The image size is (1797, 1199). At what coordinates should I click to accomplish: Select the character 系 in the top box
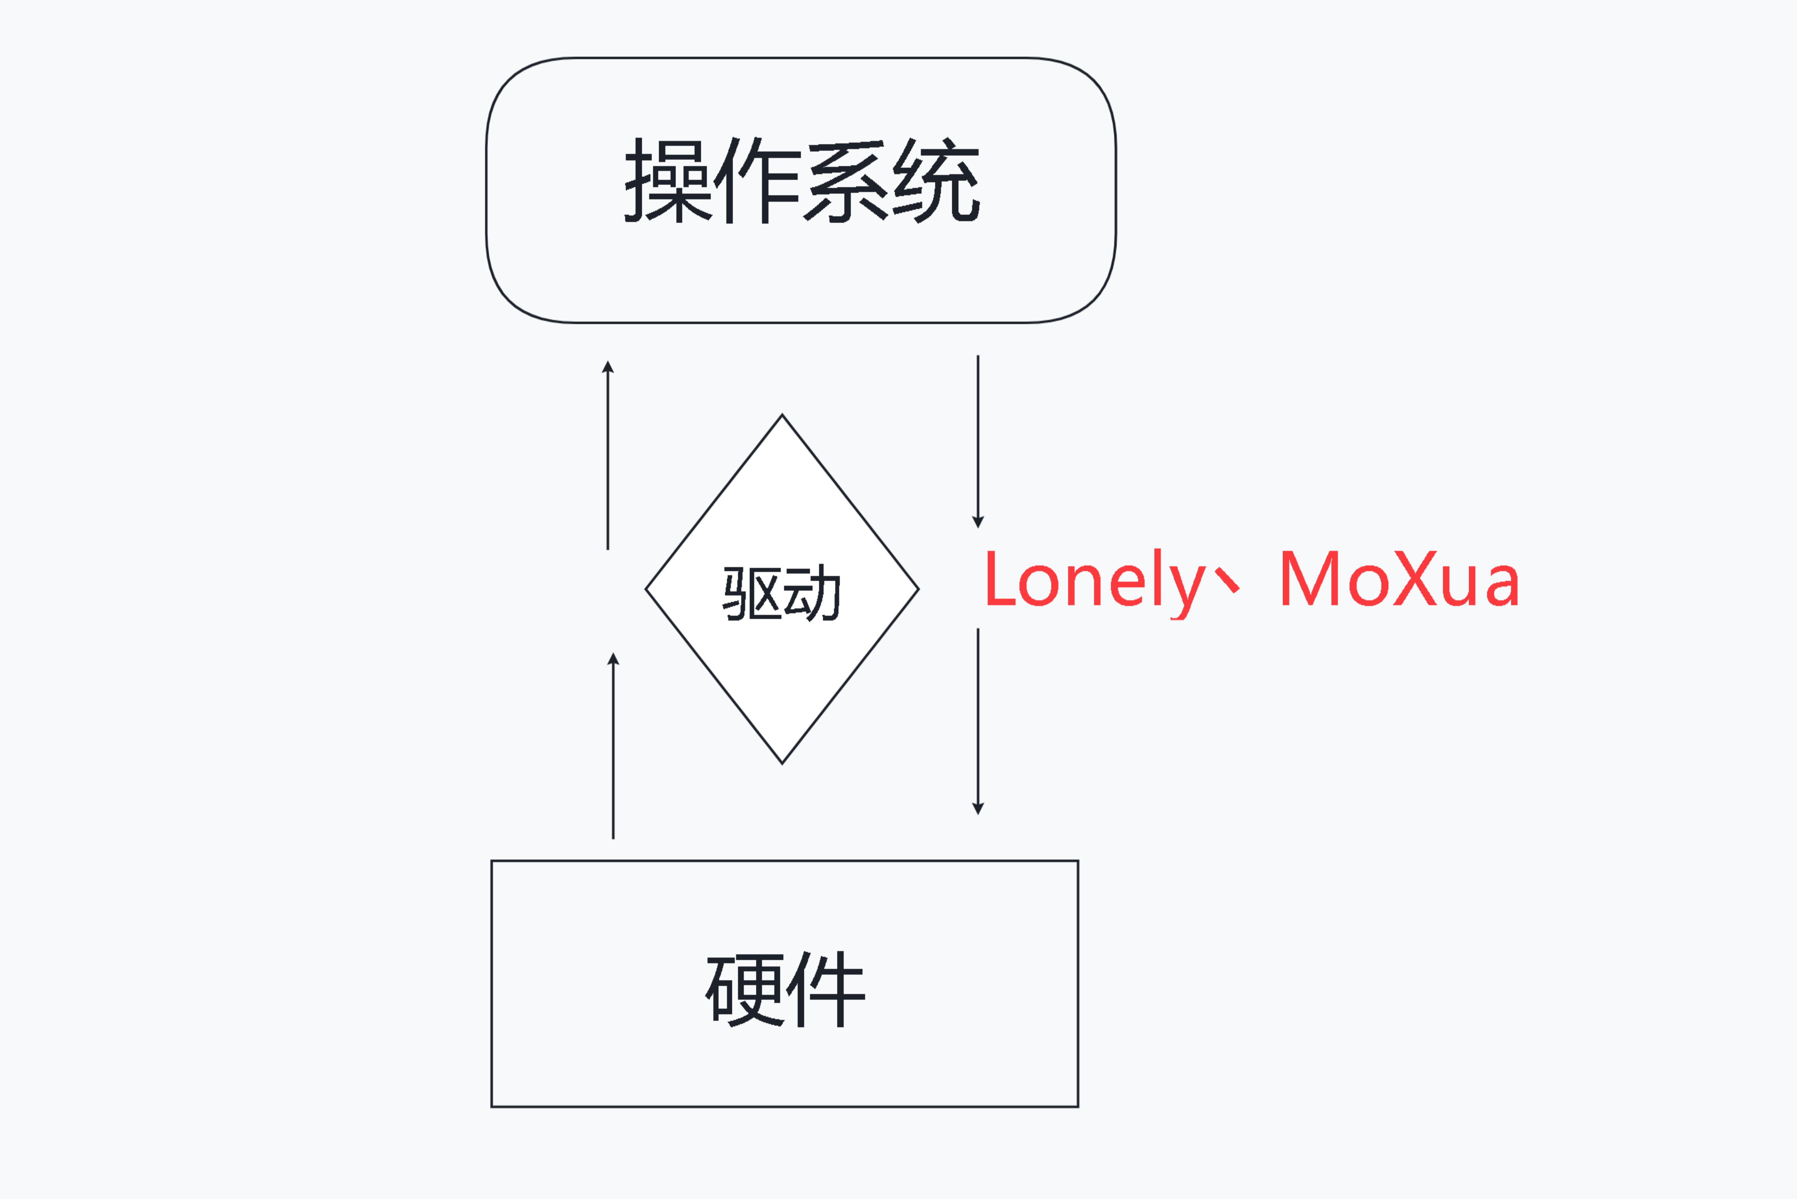pos(847,181)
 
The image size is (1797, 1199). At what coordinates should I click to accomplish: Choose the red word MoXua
pos(1399,579)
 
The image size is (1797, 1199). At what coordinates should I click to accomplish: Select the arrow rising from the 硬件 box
pos(613,745)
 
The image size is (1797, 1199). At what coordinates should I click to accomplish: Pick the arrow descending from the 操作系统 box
pos(978,441)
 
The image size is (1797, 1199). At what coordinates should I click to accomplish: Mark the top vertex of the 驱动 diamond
pos(782,415)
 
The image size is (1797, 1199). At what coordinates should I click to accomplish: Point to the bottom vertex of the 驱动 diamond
pos(782,763)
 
